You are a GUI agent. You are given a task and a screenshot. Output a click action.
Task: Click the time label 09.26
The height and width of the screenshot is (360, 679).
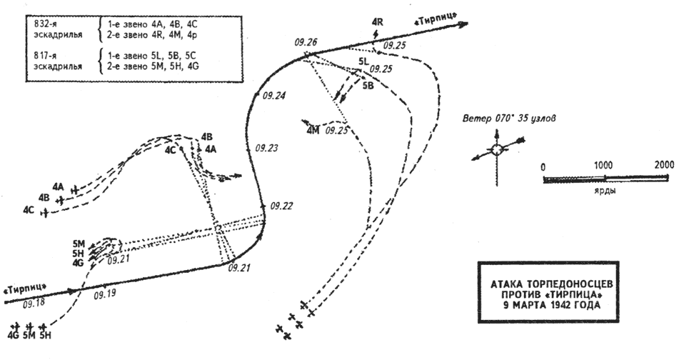[306, 42]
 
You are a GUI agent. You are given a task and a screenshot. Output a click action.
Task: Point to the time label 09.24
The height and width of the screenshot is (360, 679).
[274, 96]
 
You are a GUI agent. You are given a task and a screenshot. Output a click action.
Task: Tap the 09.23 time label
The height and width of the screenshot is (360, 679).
[266, 148]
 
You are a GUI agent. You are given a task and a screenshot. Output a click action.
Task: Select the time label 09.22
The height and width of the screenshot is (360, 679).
[281, 206]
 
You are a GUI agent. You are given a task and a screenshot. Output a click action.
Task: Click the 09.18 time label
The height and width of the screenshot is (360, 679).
[34, 304]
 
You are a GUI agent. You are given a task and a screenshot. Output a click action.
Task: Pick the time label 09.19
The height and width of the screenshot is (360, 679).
[105, 294]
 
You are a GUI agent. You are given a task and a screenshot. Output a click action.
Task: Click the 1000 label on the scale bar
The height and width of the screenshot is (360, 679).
[603, 165]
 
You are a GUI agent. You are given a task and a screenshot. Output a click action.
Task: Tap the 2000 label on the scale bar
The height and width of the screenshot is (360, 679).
[664, 165]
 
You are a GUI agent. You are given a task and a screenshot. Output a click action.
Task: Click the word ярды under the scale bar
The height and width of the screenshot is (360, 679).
[605, 191]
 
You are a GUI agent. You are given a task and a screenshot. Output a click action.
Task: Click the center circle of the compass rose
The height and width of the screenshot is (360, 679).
[497, 149]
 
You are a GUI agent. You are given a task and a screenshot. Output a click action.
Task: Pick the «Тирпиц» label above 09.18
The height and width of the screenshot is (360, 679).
[25, 289]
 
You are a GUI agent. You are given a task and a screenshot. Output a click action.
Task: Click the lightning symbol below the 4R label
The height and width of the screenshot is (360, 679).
[376, 34]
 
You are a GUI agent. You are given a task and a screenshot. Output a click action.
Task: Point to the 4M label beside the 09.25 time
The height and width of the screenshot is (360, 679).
[313, 131]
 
